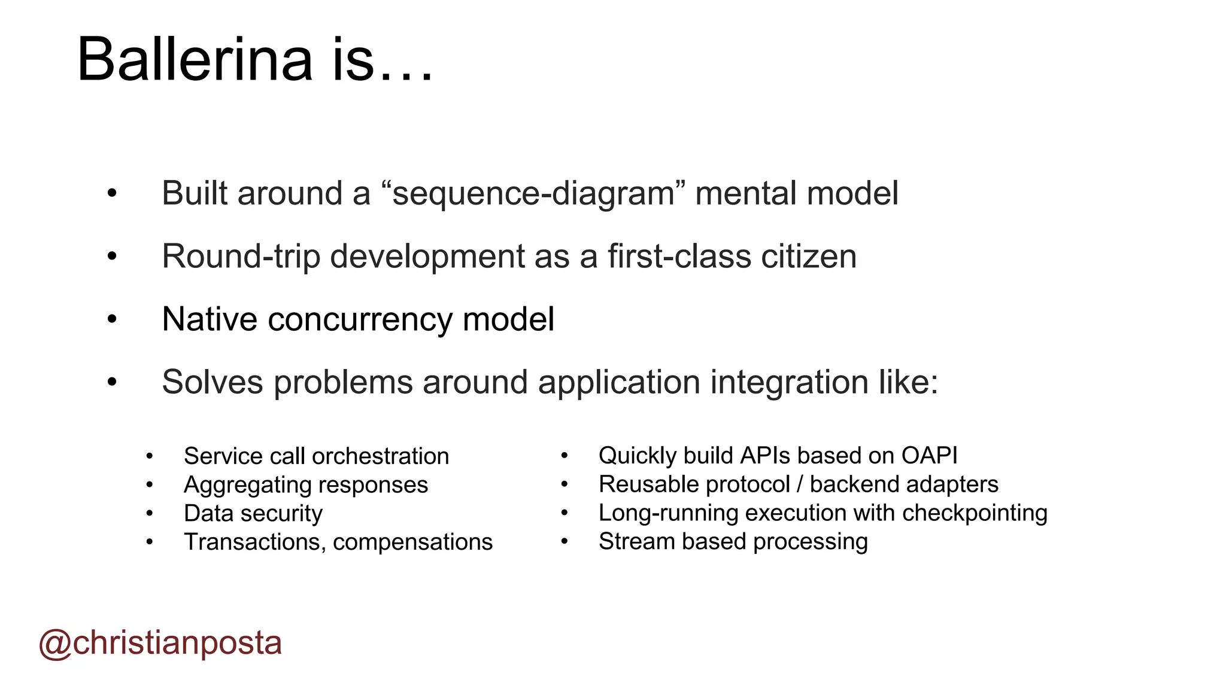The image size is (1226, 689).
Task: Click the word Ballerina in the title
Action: pyautogui.click(x=195, y=60)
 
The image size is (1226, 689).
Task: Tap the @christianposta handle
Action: pyautogui.click(x=160, y=644)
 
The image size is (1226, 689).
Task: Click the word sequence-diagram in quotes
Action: pyautogui.click(x=533, y=194)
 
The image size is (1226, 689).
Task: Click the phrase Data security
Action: pyautogui.click(x=253, y=514)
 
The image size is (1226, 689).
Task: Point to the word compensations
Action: pyautogui.click(x=412, y=542)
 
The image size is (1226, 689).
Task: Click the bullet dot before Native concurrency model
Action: pyautogui.click(x=112, y=319)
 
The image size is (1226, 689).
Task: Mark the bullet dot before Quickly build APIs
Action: pyautogui.click(x=564, y=456)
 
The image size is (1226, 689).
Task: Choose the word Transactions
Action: pyautogui.click(x=254, y=542)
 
